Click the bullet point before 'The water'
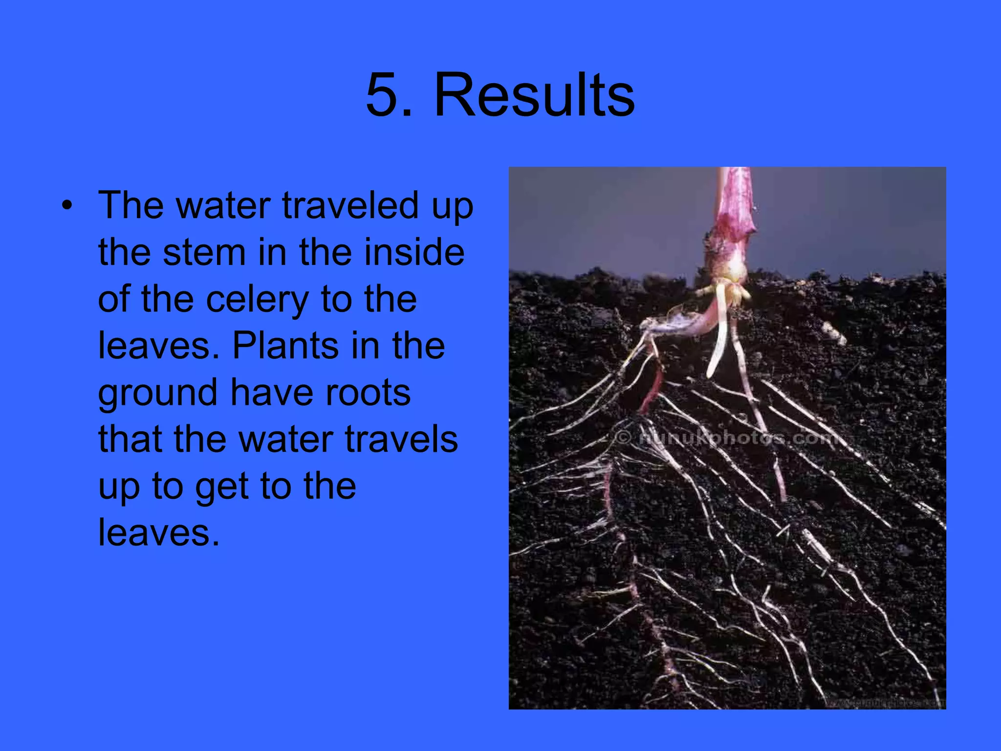coord(67,206)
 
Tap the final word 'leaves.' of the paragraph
coord(159,532)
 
